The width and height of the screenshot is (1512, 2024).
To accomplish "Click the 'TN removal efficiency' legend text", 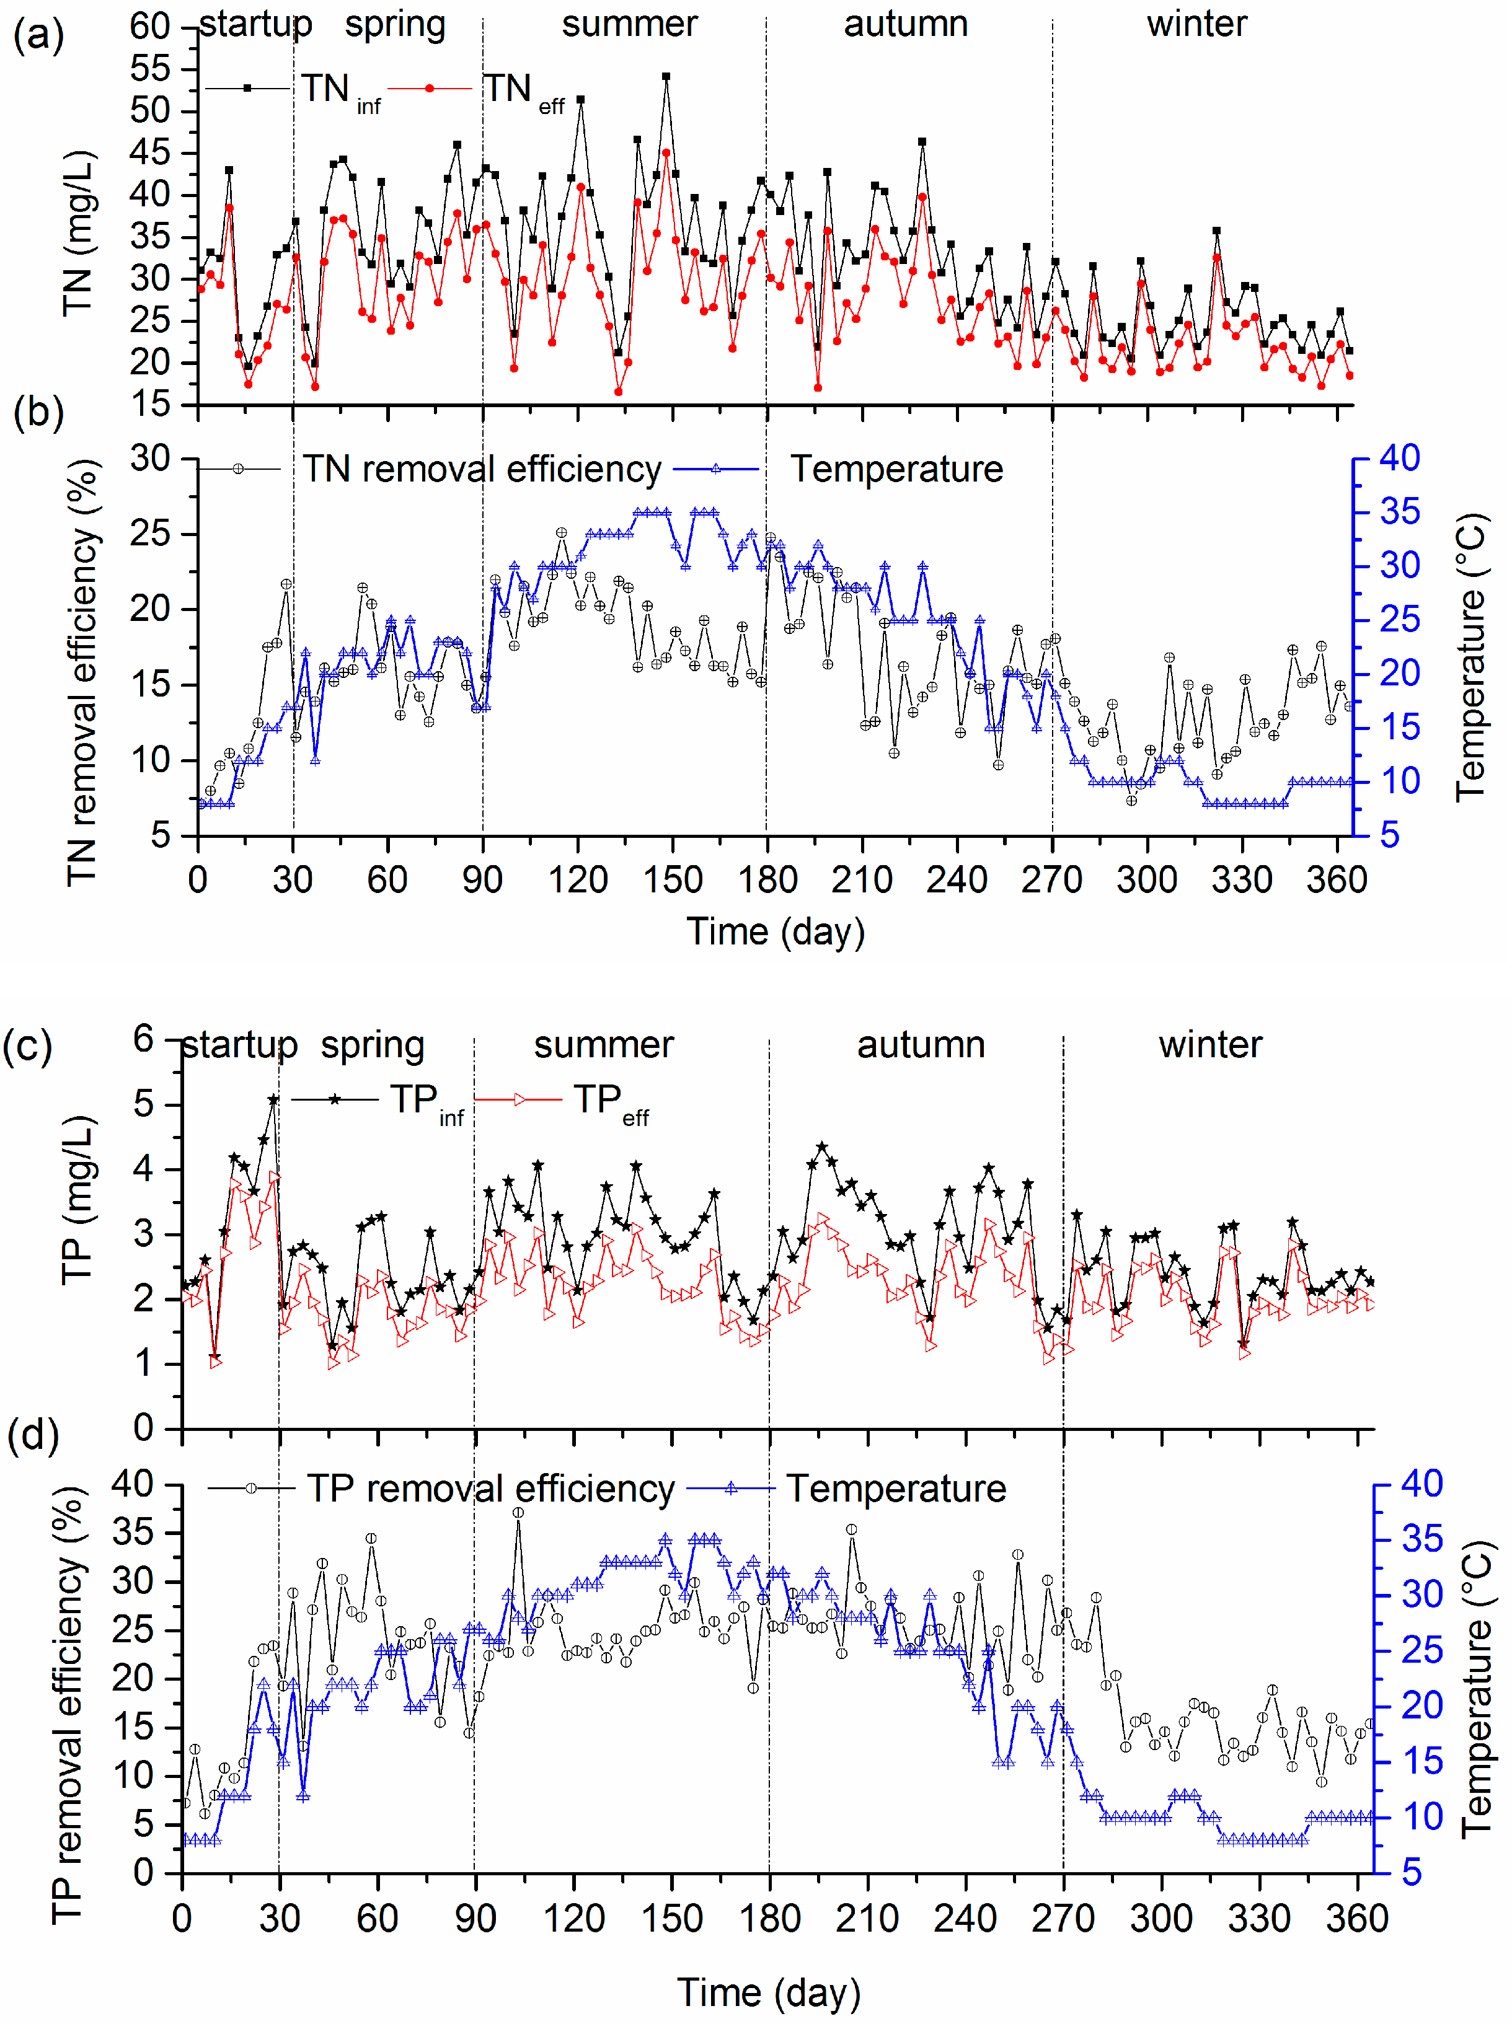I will tap(482, 469).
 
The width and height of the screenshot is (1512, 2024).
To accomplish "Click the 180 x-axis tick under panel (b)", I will tap(767, 880).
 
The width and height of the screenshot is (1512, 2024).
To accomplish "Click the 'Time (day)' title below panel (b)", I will tap(776, 931).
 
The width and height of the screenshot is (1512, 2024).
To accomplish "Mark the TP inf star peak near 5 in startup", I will tap(273, 1100).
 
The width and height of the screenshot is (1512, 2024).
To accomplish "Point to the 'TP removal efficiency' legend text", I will tap(490, 1489).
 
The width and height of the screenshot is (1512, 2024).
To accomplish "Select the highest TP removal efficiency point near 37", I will tap(518, 1513).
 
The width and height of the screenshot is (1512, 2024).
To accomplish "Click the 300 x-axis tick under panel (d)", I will tap(1161, 1918).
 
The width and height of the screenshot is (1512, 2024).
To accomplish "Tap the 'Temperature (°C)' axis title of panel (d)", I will tap(1475, 1684).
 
